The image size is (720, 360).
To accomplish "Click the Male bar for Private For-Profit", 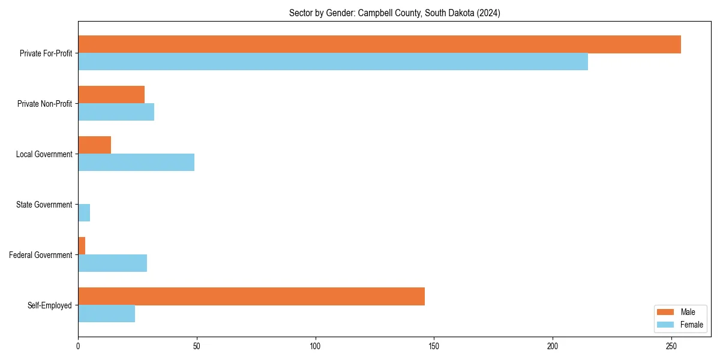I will tap(379, 44).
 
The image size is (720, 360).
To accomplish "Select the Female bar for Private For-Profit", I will tap(333, 62).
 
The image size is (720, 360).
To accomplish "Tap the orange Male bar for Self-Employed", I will tap(251, 296).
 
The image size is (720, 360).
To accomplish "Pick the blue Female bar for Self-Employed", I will tap(106, 314).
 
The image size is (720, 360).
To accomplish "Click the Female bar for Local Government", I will tap(136, 163).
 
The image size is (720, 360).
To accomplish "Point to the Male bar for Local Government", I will tap(94, 145).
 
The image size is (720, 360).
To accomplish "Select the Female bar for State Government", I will tap(84, 213).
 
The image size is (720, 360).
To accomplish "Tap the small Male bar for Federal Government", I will tap(82, 246).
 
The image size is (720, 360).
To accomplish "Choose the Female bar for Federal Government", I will tap(112, 263).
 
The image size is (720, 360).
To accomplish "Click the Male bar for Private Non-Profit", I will tap(111, 95).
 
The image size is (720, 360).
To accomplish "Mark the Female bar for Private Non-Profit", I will tap(116, 112).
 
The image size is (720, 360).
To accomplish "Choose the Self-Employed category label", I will tap(50, 305).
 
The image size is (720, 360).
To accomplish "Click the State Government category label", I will tap(44, 205).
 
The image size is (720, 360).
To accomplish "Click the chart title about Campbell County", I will tap(394, 13).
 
